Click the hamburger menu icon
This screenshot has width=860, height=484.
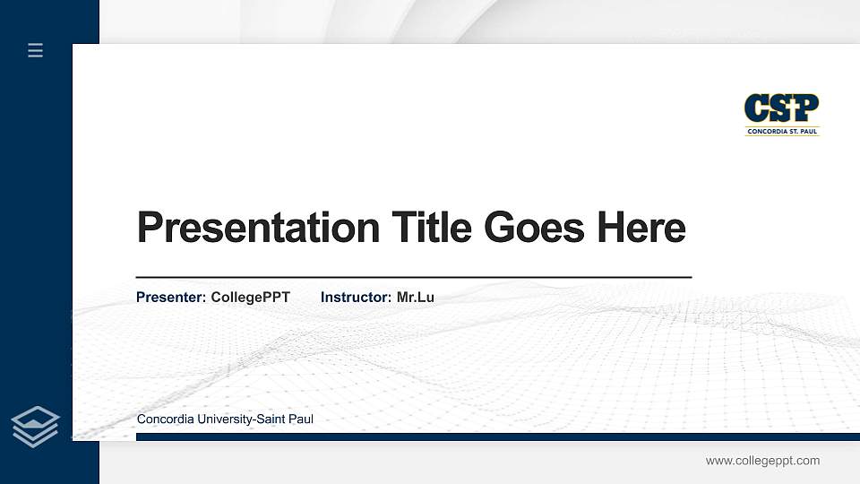(36, 50)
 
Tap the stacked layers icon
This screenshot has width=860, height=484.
(36, 426)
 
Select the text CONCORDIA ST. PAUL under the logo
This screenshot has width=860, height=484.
(782, 132)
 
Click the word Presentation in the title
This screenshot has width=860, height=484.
(258, 228)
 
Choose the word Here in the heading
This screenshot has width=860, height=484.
(641, 228)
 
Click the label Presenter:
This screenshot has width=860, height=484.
(171, 297)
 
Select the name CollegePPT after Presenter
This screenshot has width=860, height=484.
(251, 297)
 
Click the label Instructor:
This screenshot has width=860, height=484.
(357, 297)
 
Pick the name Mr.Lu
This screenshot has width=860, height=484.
(416, 297)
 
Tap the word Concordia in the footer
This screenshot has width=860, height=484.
(165, 419)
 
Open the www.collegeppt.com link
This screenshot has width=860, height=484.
(762, 461)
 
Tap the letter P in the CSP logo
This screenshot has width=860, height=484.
(806, 108)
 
